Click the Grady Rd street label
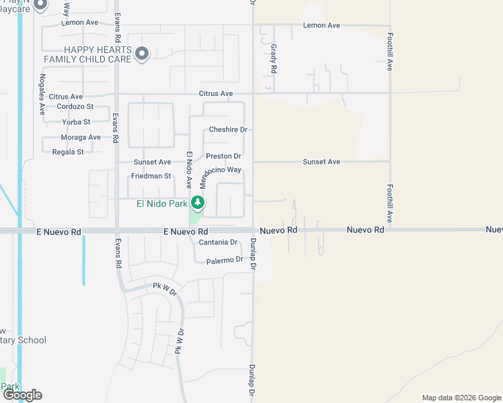pyautogui.click(x=274, y=59)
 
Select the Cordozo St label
pyautogui.click(x=75, y=107)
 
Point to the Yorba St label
pyautogui.click(x=76, y=122)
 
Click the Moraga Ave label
pyautogui.click(x=81, y=137)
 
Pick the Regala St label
pyautogui.click(x=68, y=152)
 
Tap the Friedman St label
pyautogui.click(x=151, y=176)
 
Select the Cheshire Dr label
pyautogui.click(x=228, y=130)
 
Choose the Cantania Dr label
pyautogui.click(x=217, y=242)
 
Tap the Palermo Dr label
pyautogui.click(x=224, y=260)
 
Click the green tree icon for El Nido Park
pyautogui.click(x=197, y=201)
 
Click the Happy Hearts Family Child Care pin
pyautogui.click(x=141, y=53)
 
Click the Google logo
pyautogui.click(x=22, y=395)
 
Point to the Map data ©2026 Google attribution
pyautogui.click(x=462, y=398)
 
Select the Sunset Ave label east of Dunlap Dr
pyautogui.click(x=321, y=162)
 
